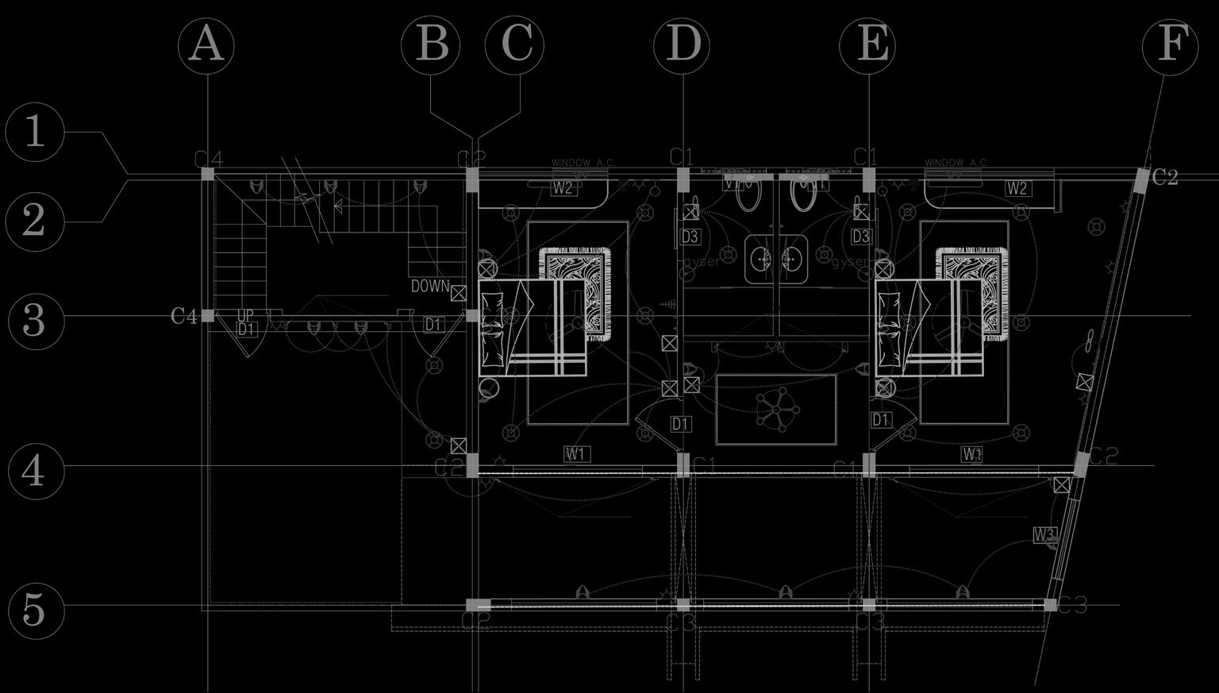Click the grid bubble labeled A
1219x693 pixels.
coord(206,44)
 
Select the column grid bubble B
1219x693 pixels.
coord(431,44)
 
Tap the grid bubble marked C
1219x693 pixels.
coord(515,44)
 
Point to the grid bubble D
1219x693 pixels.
coord(682,44)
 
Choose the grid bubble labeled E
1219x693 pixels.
coord(869,44)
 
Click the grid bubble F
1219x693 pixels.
coord(1170,44)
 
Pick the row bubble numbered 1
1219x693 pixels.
coord(34,133)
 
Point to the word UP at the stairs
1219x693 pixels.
coord(245,317)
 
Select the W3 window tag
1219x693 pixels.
coord(1044,534)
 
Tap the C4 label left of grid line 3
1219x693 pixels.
coord(183,317)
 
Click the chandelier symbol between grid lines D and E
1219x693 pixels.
coord(775,410)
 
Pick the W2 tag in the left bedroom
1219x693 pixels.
coord(563,188)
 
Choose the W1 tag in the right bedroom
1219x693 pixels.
coord(972,454)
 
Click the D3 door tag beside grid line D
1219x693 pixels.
coord(690,237)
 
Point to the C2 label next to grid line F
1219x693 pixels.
coord(1164,178)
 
